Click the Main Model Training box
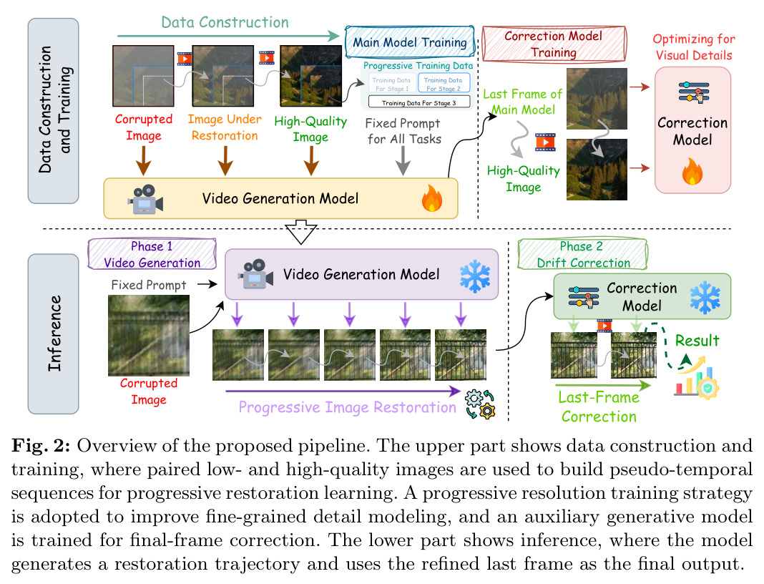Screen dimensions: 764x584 tap(410, 42)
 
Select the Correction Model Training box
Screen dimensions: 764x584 tap(554, 44)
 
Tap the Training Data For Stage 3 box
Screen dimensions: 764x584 tap(419, 102)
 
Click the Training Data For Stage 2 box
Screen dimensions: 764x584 tap(444, 83)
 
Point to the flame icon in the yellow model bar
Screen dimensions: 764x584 tap(431, 198)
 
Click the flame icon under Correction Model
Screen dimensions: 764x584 tap(692, 171)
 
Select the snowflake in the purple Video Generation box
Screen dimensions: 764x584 tap(475, 276)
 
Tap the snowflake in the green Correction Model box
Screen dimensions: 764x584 tap(705, 297)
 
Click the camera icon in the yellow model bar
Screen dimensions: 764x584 tap(145, 199)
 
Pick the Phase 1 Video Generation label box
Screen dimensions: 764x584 tap(152, 254)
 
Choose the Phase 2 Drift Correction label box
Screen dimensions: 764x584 tap(582, 254)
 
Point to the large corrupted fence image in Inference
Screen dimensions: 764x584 tap(149, 336)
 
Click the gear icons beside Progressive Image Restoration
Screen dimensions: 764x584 tap(480, 404)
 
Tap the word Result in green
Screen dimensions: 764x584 tap(697, 340)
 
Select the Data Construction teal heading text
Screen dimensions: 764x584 tap(225, 22)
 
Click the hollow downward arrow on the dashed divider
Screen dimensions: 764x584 tap(301, 232)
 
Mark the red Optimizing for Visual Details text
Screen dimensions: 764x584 tap(694, 47)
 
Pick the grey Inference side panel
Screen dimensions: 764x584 tap(53, 334)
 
